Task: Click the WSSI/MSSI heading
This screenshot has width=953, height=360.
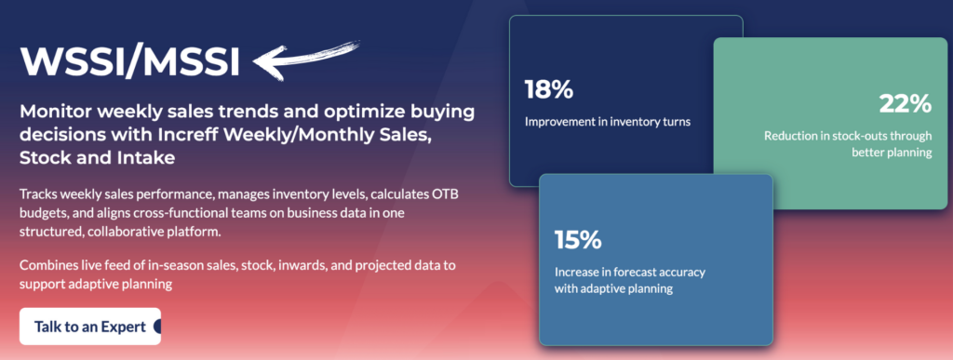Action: [x=129, y=61]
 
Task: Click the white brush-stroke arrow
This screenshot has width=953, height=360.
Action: [x=304, y=58]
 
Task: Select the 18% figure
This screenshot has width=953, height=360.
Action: [x=549, y=89]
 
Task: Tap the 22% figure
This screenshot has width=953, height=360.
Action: [x=906, y=104]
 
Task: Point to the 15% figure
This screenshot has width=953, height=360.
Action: [x=578, y=240]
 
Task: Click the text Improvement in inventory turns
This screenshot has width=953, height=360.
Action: [x=608, y=122]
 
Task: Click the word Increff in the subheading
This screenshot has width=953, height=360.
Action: [x=248, y=136]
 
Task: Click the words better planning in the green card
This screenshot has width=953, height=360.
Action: [x=892, y=153]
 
